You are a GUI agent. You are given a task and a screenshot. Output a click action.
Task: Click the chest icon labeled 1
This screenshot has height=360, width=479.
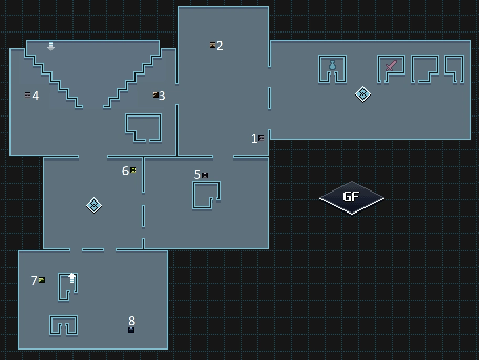(261, 138)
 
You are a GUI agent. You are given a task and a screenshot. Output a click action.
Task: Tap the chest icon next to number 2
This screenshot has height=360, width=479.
(212, 45)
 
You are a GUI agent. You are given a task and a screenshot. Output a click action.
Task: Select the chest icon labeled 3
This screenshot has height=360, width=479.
(155, 95)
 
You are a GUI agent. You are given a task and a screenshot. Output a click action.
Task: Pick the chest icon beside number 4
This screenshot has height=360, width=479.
(27, 96)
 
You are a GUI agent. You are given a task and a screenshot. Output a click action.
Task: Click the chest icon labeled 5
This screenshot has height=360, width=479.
(205, 175)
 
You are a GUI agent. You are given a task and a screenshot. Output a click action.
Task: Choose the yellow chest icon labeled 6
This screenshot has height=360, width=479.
(133, 170)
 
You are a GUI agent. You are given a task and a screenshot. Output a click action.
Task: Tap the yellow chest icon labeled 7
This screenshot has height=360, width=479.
(42, 280)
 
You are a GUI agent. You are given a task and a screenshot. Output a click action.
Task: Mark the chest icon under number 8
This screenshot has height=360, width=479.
(131, 330)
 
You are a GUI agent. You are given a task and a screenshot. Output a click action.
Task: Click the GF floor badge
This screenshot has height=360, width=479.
(351, 197)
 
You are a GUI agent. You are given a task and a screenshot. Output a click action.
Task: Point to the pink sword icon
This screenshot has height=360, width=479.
(391, 66)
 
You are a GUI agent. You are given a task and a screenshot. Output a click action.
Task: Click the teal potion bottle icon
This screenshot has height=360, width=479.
(332, 65)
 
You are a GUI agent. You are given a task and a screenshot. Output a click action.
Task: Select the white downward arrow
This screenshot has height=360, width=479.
(51, 47)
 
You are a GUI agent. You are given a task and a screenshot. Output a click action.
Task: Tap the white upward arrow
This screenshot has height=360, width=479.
(72, 278)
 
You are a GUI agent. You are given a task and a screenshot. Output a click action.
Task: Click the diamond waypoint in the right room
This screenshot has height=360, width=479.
(362, 94)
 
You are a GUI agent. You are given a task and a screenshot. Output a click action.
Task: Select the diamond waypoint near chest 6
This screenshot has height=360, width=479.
(93, 205)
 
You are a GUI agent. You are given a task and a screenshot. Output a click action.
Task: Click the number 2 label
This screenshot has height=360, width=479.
(220, 46)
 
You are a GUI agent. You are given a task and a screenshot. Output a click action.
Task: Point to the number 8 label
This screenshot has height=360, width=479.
(132, 320)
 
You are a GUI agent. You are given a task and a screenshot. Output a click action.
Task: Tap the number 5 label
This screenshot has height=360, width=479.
(197, 175)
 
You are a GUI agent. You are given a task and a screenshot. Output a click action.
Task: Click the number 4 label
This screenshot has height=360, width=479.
(36, 96)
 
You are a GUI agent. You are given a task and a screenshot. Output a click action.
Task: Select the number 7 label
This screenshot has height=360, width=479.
(34, 281)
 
